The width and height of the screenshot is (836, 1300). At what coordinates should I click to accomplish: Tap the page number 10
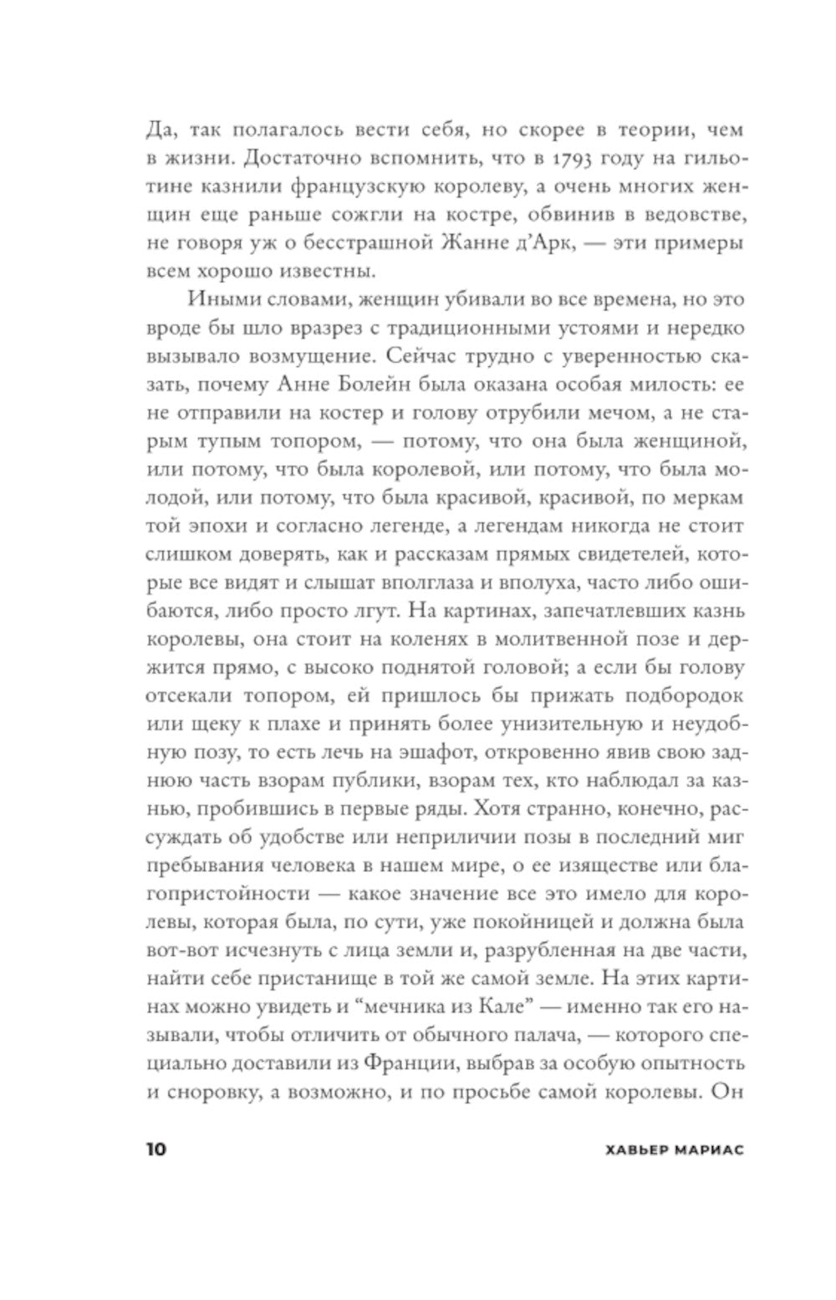pyautogui.click(x=156, y=1149)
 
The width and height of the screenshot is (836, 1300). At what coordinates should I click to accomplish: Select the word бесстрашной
pyautogui.click(x=374, y=243)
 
